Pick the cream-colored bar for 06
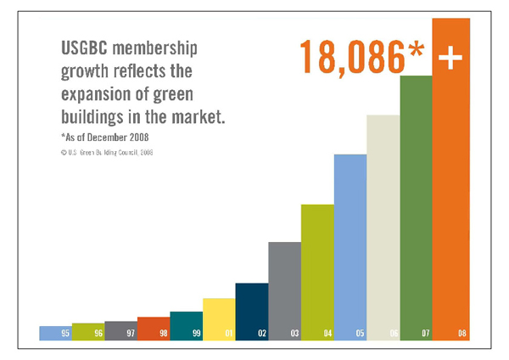(x=383, y=229)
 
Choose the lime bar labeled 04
(x=316, y=272)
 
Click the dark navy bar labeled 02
(x=251, y=311)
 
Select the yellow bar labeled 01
(x=219, y=318)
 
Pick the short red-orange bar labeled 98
(x=154, y=329)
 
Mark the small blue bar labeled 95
(x=55, y=333)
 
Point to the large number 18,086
(x=352, y=57)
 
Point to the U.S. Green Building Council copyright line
(x=106, y=153)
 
